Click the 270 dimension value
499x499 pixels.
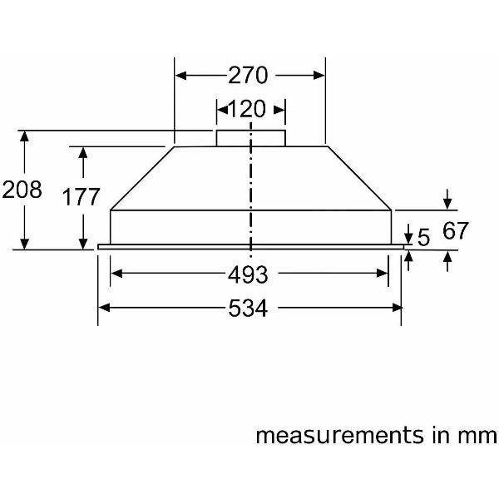click(249, 76)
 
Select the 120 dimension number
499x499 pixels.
click(250, 109)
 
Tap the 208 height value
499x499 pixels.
click(22, 190)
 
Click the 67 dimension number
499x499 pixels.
click(455, 230)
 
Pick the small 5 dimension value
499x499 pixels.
click(423, 239)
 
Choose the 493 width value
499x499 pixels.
click(249, 274)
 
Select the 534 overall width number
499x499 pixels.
click(249, 309)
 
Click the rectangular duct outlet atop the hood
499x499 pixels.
click(250, 138)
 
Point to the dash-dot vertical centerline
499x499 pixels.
click(250, 191)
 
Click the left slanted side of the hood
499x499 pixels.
click(142, 177)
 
